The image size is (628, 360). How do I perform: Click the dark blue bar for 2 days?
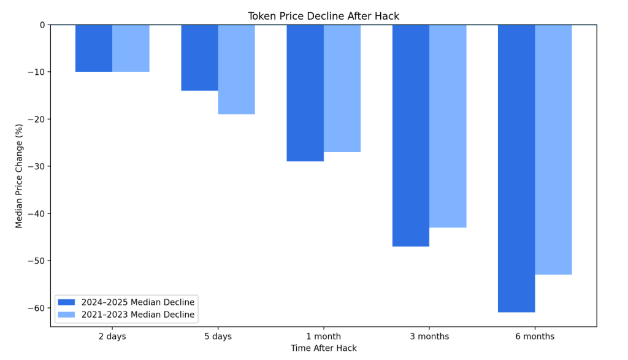pyautogui.click(x=94, y=48)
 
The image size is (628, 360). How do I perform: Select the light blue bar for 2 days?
pyautogui.click(x=131, y=48)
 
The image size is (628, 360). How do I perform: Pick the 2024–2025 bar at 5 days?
pyautogui.click(x=199, y=58)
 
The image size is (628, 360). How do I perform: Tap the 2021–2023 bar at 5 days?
pyautogui.click(x=236, y=69)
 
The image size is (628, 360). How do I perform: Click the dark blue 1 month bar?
pyautogui.click(x=305, y=93)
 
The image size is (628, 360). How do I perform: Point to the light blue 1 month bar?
pyautogui.click(x=342, y=88)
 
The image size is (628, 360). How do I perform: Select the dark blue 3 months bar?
pyautogui.click(x=410, y=136)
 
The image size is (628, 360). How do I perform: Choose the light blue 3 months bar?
pyautogui.click(x=448, y=126)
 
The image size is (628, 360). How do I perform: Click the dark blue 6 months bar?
pyautogui.click(x=516, y=169)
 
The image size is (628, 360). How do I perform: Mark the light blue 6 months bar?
pyautogui.click(x=553, y=150)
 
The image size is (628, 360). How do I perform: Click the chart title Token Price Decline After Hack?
pyautogui.click(x=323, y=17)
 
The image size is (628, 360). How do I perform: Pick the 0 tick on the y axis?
pyautogui.click(x=42, y=25)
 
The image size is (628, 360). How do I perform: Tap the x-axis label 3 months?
pyautogui.click(x=429, y=337)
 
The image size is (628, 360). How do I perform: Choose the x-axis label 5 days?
pyautogui.click(x=218, y=337)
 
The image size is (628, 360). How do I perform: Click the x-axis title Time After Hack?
pyautogui.click(x=323, y=348)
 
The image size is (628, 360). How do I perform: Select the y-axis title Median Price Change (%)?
pyautogui.click(x=19, y=175)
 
